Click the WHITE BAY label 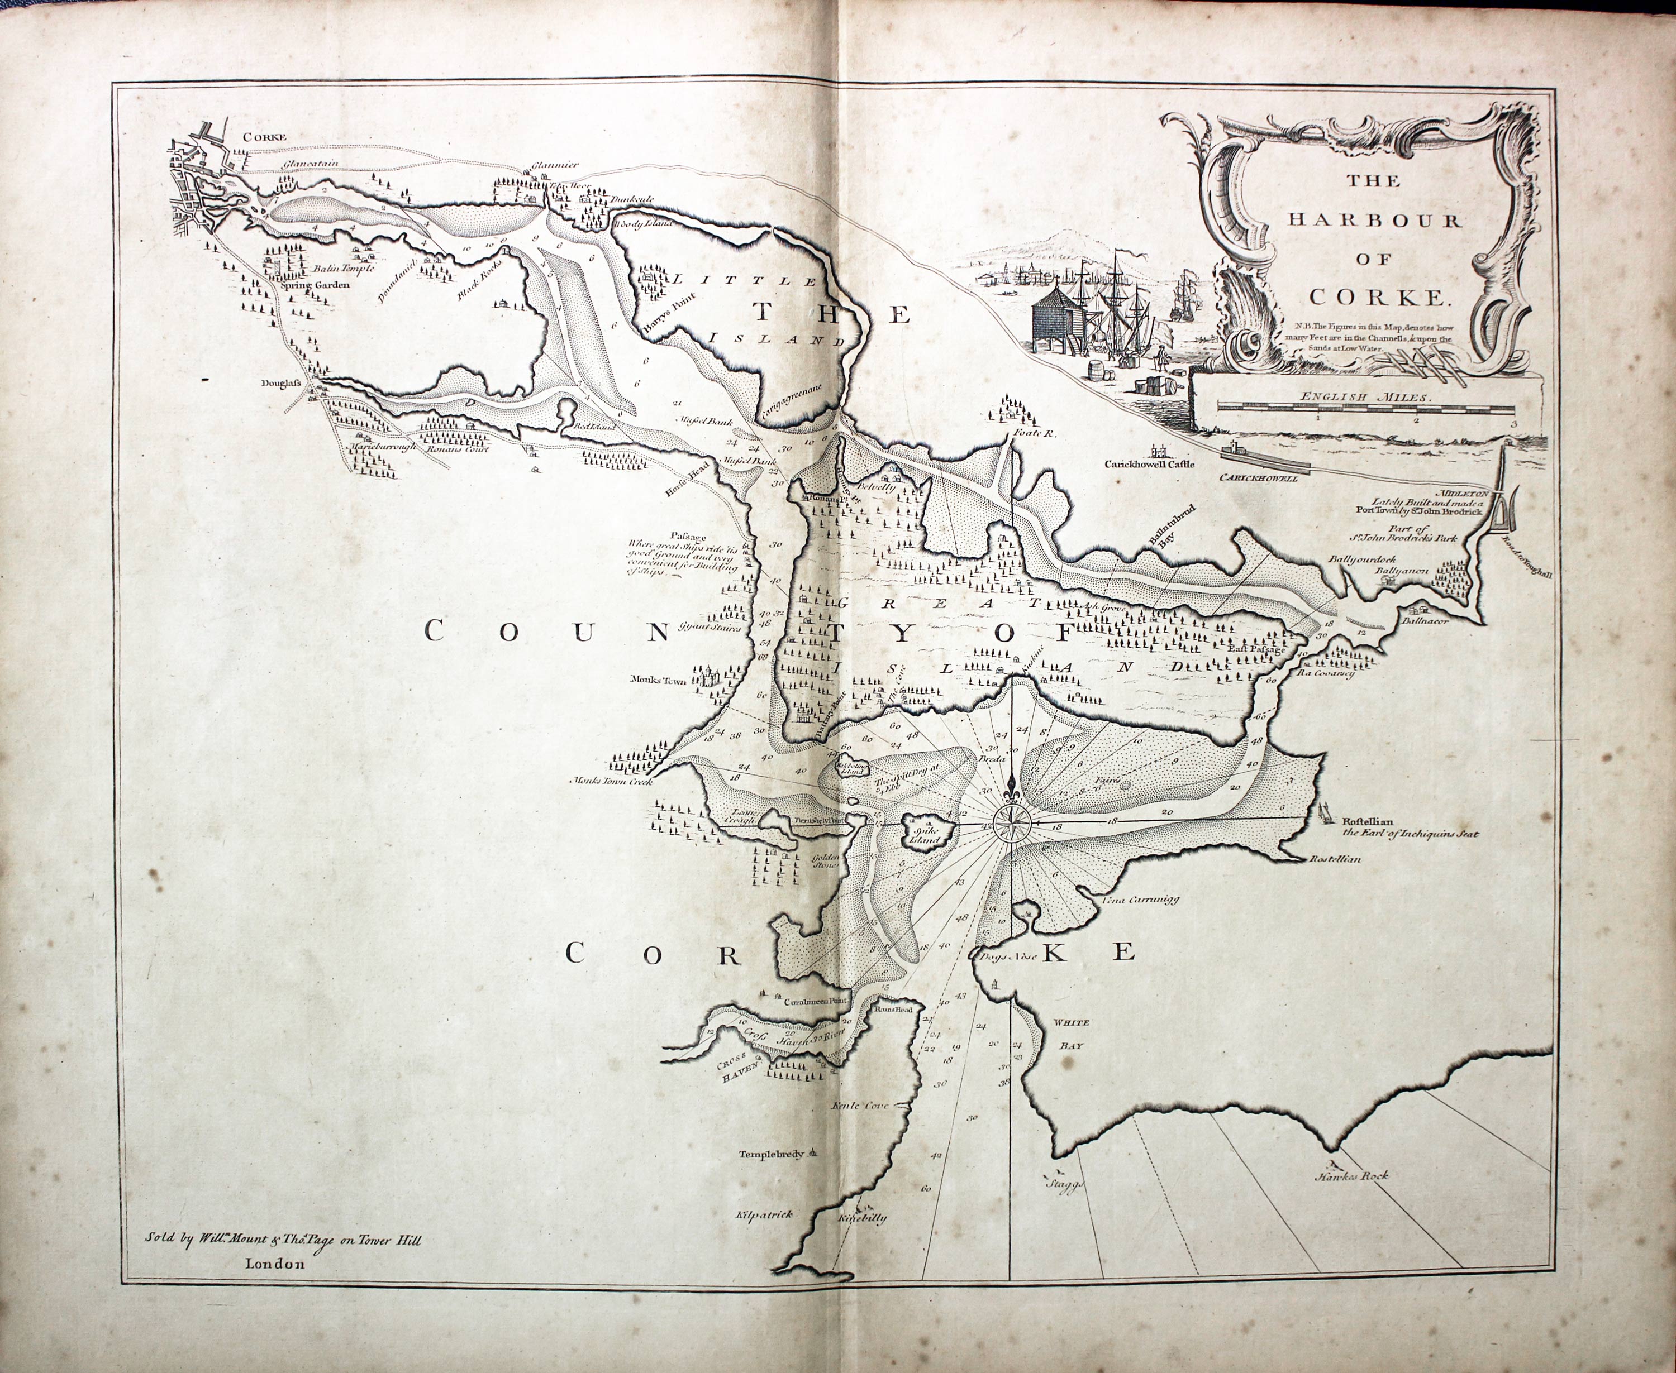click(x=1070, y=1034)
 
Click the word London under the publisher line click(x=275, y=1264)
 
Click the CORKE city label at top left click(x=264, y=137)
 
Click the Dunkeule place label click(x=631, y=199)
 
